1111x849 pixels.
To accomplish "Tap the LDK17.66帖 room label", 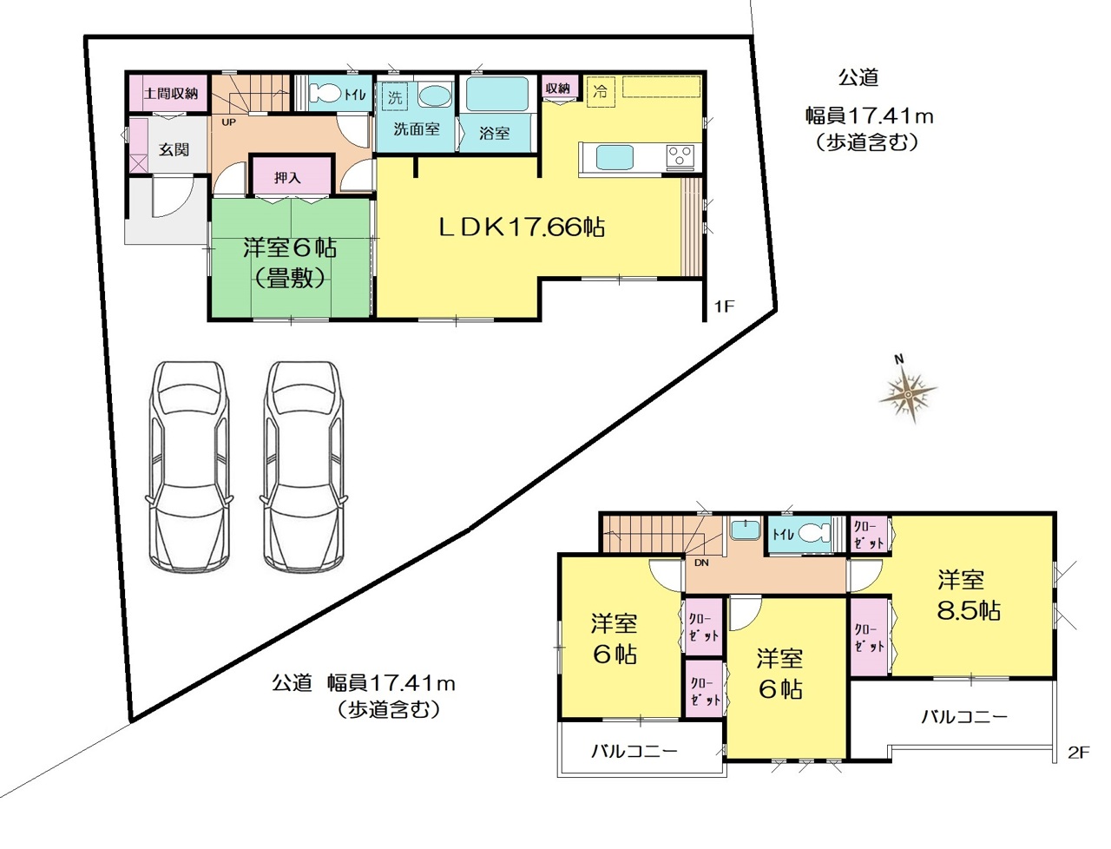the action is point(521,227).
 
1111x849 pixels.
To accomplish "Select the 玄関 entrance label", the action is point(174,149).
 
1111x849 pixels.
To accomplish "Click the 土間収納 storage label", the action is point(171,94).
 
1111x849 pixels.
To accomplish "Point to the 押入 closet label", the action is point(287,177).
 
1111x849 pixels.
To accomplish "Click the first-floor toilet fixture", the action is point(325,94).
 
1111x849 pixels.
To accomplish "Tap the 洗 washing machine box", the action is point(395,96).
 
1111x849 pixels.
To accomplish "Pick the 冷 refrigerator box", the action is point(601,92).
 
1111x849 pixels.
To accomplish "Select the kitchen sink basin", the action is point(615,157).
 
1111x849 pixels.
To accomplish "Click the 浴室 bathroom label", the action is point(494,133).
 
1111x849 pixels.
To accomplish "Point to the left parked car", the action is point(190,465).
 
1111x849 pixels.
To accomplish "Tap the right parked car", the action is point(304,465).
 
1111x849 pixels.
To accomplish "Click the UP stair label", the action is point(229,122).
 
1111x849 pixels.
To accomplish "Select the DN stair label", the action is point(701,563).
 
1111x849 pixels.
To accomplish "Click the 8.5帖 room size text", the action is point(969,611).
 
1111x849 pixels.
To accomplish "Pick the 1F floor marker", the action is point(724,306).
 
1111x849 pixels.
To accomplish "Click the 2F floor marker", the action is point(1078,753).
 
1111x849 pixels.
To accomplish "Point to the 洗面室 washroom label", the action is point(416,129).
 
